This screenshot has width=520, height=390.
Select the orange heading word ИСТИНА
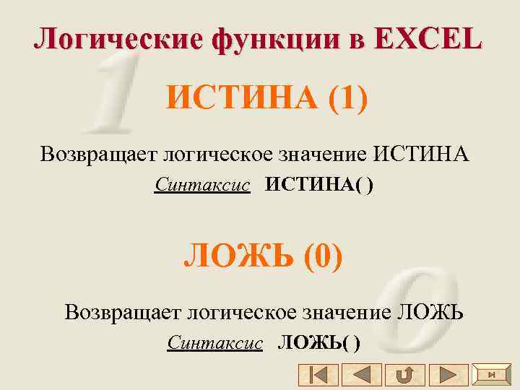pyautogui.click(x=242, y=97)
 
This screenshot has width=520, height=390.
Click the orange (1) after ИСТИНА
pyautogui.click(x=347, y=97)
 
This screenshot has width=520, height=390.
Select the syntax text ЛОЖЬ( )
pyautogui.click(x=319, y=342)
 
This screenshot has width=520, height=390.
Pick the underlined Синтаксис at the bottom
pyautogui.click(x=214, y=342)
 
